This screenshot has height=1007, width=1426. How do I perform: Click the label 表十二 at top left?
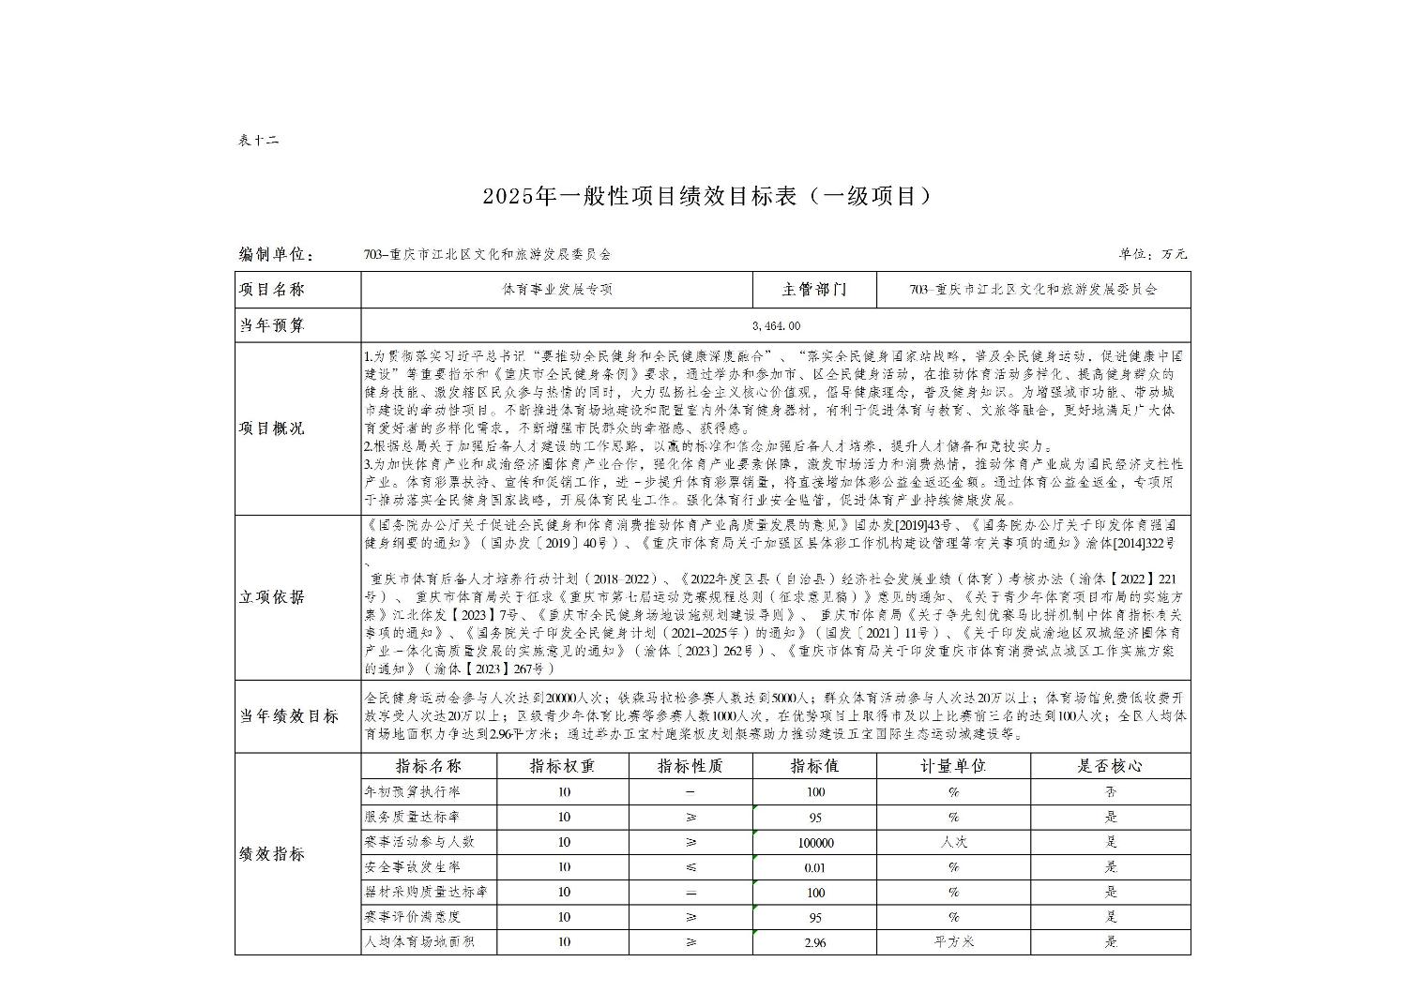[258, 141]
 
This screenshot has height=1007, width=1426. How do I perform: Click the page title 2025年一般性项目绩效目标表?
[708, 196]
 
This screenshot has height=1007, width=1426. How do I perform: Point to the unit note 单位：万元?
[1152, 254]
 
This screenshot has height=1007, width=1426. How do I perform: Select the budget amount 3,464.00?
[776, 325]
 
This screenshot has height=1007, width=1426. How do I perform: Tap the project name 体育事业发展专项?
[557, 290]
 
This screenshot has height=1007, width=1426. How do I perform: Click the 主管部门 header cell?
[814, 290]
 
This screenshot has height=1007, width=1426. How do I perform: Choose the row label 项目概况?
[271, 428]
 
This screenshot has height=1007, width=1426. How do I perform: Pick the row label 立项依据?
[271, 597]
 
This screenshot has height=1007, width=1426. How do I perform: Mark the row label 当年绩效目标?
[289, 716]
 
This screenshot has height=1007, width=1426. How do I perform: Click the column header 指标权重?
[563, 766]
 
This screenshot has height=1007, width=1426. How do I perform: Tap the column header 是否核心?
[1110, 766]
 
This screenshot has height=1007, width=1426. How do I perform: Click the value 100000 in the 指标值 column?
[815, 843]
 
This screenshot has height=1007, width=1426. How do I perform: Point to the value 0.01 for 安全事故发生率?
[815, 867]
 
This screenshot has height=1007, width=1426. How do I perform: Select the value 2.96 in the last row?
[815, 942]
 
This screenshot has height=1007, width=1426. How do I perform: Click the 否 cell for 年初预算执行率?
[1111, 792]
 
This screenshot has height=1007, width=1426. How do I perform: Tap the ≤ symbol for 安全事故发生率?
[690, 867]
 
